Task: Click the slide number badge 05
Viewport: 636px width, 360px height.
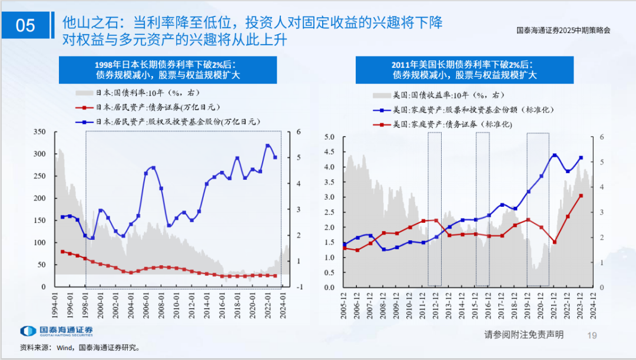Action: point(25,25)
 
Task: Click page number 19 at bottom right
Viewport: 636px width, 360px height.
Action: point(592,335)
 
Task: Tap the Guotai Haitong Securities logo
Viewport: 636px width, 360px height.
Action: point(57,331)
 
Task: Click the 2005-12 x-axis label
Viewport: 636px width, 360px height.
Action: point(344,305)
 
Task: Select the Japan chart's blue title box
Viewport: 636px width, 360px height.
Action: point(168,70)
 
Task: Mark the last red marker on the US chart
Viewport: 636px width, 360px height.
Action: point(581,196)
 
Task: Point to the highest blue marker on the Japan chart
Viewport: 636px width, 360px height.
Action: point(268,146)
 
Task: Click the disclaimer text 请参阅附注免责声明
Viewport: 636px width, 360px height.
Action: point(524,335)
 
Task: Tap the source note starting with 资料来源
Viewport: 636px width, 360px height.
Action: point(79,348)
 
